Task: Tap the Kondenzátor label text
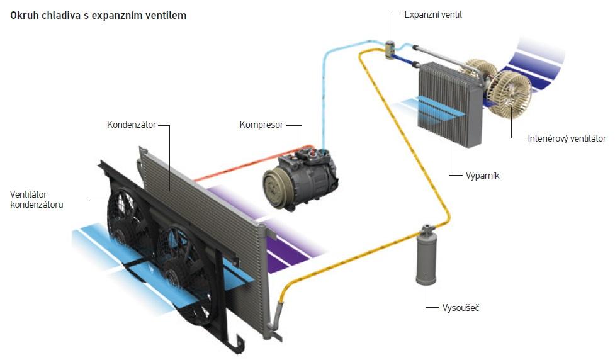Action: click(132, 124)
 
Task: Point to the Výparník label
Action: click(482, 175)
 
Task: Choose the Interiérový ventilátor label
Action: click(567, 138)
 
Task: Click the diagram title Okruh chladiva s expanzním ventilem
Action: click(98, 15)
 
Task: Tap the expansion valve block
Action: click(391, 48)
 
